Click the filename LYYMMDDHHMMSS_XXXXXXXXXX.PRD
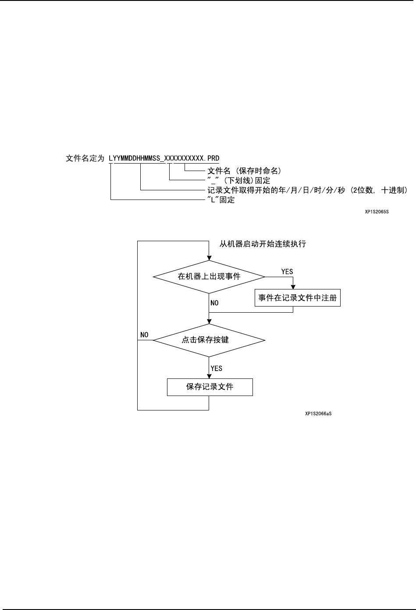pos(164,158)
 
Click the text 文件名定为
pos(85,158)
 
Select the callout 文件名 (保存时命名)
pos(244,171)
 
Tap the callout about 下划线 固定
pos(238,180)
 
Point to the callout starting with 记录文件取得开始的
pos(308,190)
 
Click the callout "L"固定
pos(221,200)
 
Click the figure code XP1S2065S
pos(377,212)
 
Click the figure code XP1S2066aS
pos(318,413)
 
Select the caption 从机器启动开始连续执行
pos(263,244)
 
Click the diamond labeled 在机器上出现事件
pos(209,277)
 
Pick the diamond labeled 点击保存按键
pos(209,340)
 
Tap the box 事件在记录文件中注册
pos(298,298)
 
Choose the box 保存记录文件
pos(210,387)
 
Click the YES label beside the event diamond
pos(287,271)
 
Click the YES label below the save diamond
pos(217,368)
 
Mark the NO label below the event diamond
pos(214,303)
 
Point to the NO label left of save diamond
pos(144,335)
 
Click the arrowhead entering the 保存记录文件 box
pos(209,376)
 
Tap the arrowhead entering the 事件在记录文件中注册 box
pos(293,287)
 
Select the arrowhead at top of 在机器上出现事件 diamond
pos(209,257)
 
